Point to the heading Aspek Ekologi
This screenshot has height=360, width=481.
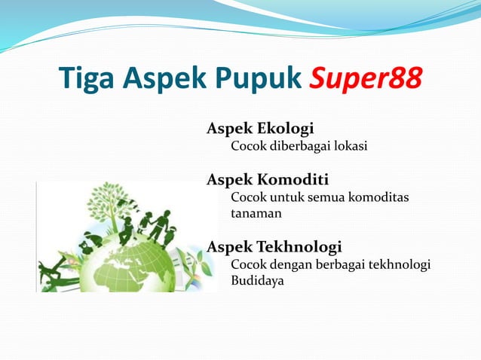(260, 129)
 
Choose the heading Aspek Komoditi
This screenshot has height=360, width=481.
(267, 180)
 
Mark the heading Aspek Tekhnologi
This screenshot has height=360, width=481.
(274, 247)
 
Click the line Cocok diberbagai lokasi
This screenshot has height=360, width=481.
(299, 146)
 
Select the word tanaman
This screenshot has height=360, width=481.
(256, 214)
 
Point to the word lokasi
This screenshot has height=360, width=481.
(350, 146)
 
